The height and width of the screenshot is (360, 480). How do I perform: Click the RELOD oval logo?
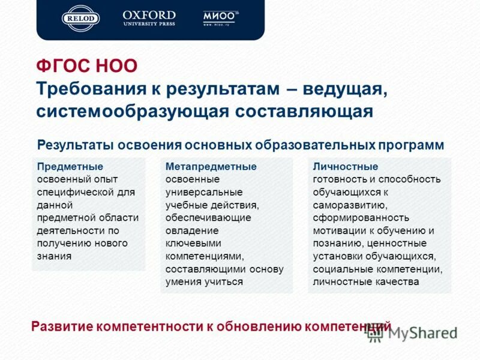click(x=81, y=18)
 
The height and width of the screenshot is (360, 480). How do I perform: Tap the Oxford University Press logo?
click(x=149, y=18)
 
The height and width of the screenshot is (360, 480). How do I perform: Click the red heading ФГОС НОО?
click(x=86, y=66)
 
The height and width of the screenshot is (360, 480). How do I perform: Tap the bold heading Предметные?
click(x=70, y=166)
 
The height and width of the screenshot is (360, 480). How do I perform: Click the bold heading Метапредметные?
click(x=211, y=166)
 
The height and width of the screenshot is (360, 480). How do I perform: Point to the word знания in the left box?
click(x=54, y=256)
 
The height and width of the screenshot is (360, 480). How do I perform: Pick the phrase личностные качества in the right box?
click(x=365, y=282)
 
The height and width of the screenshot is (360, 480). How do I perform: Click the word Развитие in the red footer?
click(x=62, y=327)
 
